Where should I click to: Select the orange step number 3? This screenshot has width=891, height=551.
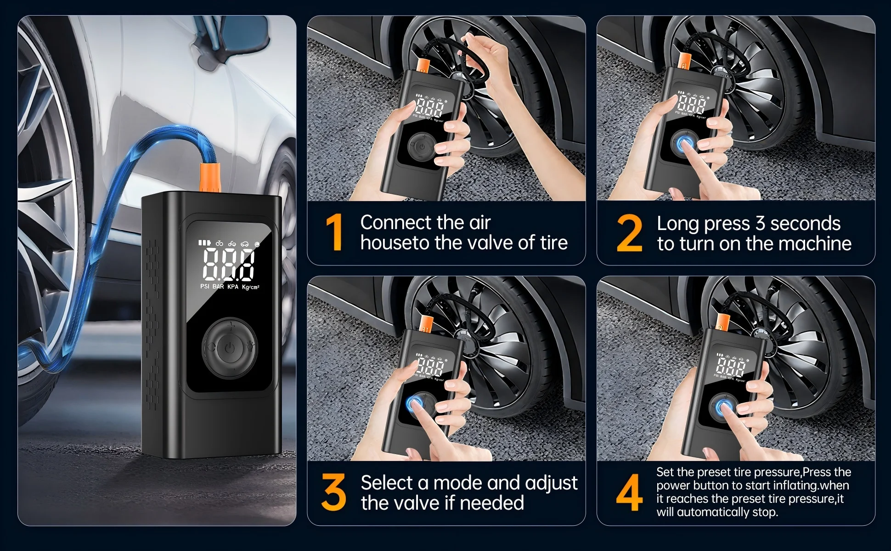click(334, 493)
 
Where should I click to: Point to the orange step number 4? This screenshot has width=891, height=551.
click(630, 493)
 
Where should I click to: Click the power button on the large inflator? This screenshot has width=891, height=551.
click(230, 348)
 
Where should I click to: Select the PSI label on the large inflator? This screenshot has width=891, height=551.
click(205, 287)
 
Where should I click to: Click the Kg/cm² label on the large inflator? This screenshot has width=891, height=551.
click(251, 287)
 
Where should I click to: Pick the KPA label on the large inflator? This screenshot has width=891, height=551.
click(233, 287)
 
